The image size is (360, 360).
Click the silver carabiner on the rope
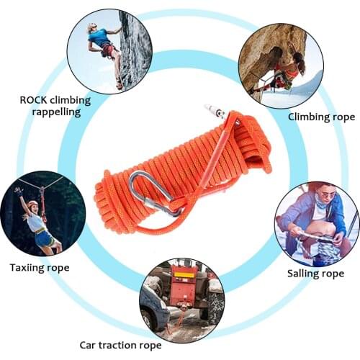click(153, 195)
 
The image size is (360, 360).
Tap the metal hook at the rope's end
click(215, 112)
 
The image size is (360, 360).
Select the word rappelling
click(55, 112)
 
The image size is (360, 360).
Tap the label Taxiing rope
click(40, 267)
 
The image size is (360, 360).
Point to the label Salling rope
click(315, 274)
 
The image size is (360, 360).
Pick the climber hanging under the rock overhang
click(284, 72)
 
